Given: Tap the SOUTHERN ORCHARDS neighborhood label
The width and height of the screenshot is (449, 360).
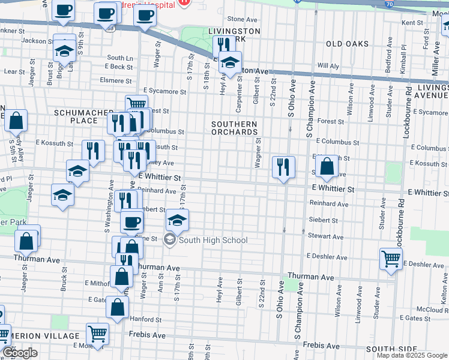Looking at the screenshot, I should (x=234, y=128).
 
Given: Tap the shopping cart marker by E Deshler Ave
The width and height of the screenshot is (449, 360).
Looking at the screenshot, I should (x=391, y=259).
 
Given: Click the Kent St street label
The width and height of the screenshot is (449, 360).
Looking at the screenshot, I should (x=412, y=22).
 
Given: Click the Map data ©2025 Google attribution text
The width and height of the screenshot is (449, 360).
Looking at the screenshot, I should (x=411, y=355).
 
